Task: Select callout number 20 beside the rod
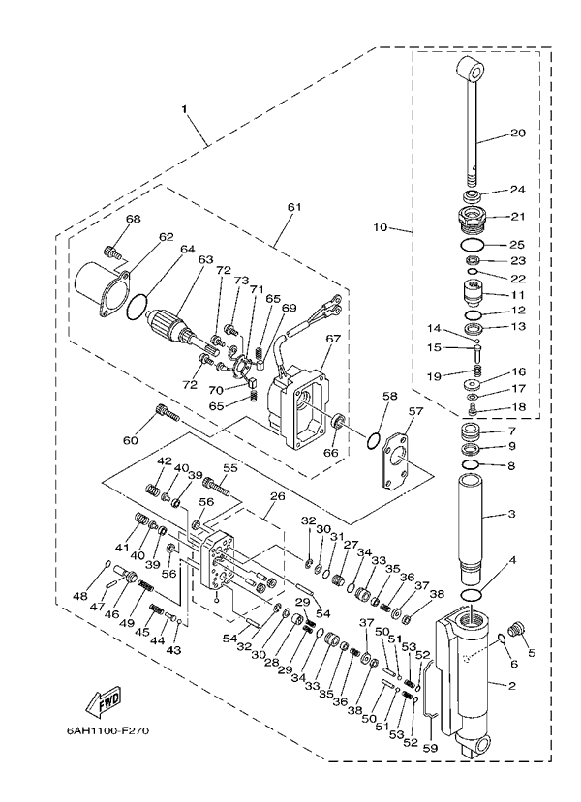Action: [517, 133]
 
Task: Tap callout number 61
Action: [294, 206]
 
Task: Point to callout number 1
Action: [185, 110]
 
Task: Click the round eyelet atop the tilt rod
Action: [471, 71]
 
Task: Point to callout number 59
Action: [430, 746]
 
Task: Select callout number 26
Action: [278, 496]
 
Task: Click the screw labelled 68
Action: [113, 253]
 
